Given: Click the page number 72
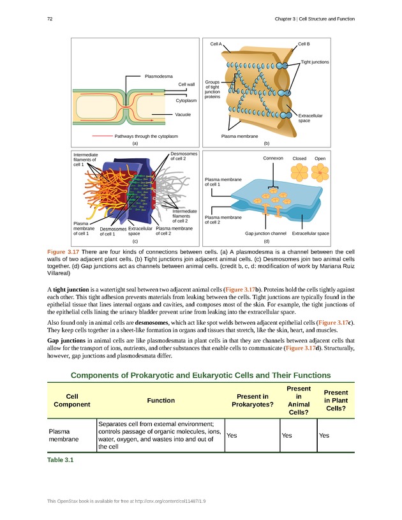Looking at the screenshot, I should [x=50, y=19].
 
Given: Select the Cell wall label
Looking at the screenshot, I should [x=186, y=84].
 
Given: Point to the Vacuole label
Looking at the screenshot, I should [x=183, y=114].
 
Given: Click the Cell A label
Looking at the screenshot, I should [x=216, y=44].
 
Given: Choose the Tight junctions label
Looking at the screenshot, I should [x=315, y=62].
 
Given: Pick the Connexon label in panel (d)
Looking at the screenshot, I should [x=273, y=158].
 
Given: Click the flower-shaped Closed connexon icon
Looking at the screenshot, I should [x=299, y=173].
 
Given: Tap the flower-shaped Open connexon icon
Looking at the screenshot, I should [x=320, y=173].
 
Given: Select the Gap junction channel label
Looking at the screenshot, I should [x=266, y=234].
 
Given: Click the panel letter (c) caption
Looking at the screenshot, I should [x=135, y=242].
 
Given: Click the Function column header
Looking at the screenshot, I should [x=161, y=400].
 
